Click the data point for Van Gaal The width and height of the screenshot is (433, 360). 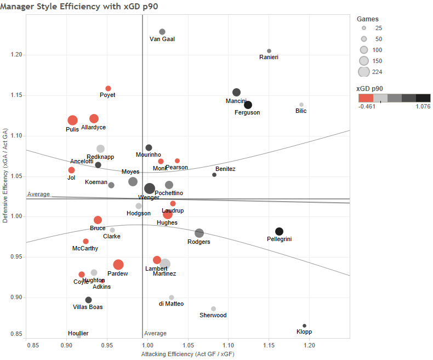point(162,32)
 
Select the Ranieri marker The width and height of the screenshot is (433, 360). point(269,51)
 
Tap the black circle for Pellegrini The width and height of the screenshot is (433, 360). point(279,231)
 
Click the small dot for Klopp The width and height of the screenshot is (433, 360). point(305,326)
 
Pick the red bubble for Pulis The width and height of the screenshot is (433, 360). point(72,121)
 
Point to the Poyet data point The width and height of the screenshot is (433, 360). point(108,88)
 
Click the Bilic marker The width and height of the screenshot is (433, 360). point(301,105)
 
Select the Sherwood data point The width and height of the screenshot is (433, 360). point(213,309)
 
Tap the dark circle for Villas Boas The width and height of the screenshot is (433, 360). point(88,300)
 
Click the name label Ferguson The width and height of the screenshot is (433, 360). point(247,113)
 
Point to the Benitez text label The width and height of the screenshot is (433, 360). point(225,169)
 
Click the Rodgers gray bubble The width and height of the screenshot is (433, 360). point(199,233)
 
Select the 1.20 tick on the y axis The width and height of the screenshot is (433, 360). point(16,55)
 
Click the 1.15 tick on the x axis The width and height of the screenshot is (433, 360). point(269,346)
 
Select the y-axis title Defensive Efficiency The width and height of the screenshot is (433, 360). point(5,175)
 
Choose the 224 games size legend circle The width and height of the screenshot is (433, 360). point(363,72)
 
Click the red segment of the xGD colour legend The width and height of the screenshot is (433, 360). point(366,98)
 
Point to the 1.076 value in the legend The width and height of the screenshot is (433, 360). point(422,107)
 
